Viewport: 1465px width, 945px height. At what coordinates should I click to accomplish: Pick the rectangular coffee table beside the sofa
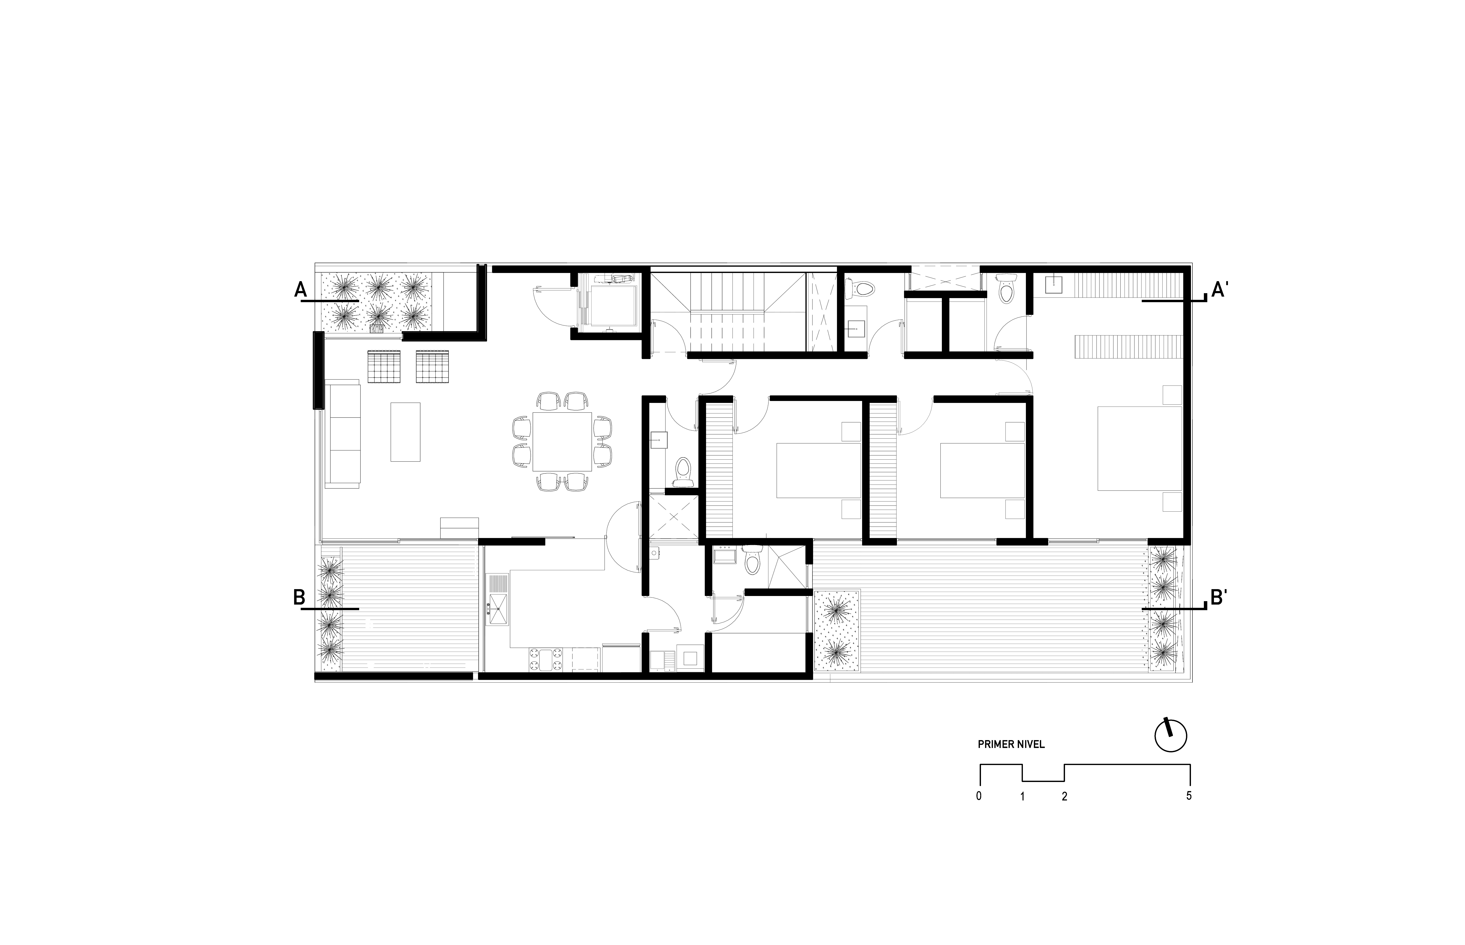[x=405, y=431]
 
